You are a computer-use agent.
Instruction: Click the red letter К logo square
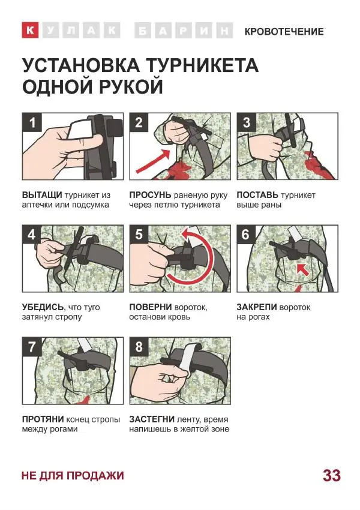[x=30, y=30]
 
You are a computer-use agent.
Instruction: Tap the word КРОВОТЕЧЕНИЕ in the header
[x=284, y=32]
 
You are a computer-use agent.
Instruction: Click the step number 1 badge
[x=32, y=122]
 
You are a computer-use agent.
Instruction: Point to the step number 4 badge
[x=32, y=235]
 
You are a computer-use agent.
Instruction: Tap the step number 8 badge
[x=139, y=347]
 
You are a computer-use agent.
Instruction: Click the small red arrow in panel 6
[x=303, y=269]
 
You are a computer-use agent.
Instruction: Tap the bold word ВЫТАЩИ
[x=42, y=195]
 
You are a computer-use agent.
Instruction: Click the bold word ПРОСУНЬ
[x=150, y=195]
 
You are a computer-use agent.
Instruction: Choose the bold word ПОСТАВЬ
[x=257, y=195]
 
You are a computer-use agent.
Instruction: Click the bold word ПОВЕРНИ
[x=150, y=307]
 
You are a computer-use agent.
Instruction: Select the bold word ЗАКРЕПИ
[x=257, y=307]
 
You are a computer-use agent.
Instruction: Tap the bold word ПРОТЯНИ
[x=43, y=419]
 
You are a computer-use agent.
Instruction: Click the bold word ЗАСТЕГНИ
[x=151, y=419]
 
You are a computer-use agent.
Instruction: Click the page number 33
[x=332, y=476]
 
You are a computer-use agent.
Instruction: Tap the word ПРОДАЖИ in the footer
[x=95, y=476]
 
